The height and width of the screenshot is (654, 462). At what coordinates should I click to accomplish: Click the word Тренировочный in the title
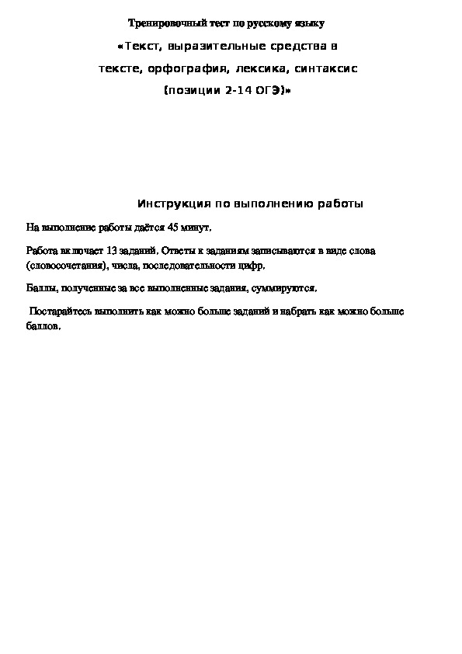point(162,25)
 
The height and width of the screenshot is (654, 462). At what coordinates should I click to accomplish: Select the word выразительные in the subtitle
point(200,47)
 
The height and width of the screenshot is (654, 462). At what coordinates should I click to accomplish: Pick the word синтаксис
point(327,68)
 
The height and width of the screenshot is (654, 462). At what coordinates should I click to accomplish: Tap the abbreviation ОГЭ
point(269,90)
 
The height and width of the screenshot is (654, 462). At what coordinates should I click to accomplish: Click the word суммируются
point(287,288)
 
